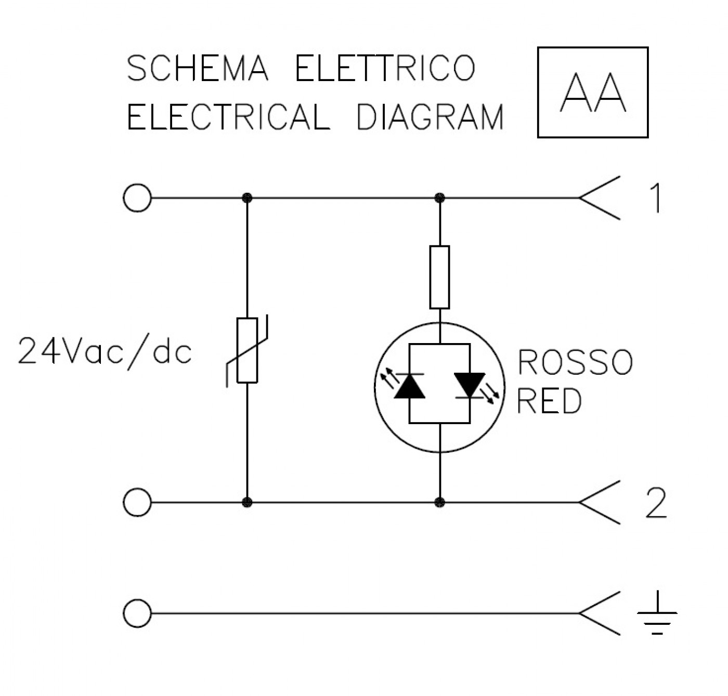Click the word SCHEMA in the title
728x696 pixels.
click(x=198, y=68)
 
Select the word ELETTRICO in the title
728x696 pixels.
click(x=386, y=68)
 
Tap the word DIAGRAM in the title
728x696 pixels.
click(x=430, y=116)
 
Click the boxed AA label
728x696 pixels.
click(x=593, y=93)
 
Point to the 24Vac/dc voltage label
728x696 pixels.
click(x=105, y=351)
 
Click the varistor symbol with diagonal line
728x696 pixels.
click(x=248, y=350)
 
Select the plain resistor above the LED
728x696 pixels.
click(x=439, y=277)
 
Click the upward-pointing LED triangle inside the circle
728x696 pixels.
click(x=410, y=386)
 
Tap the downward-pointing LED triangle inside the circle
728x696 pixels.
click(x=470, y=386)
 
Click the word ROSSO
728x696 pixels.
click(x=575, y=362)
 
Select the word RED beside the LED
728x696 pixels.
click(x=549, y=401)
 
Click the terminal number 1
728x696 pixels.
click(x=657, y=198)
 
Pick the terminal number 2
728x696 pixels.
click(x=657, y=503)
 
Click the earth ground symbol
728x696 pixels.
click(x=657, y=613)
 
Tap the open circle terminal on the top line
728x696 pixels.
click(x=137, y=198)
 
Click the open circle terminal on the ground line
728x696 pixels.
click(x=137, y=613)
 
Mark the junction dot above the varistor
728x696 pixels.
click(x=248, y=198)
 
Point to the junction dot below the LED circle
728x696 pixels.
click(x=440, y=502)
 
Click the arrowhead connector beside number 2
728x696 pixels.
click(x=599, y=502)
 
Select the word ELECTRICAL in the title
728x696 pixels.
click(x=229, y=116)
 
